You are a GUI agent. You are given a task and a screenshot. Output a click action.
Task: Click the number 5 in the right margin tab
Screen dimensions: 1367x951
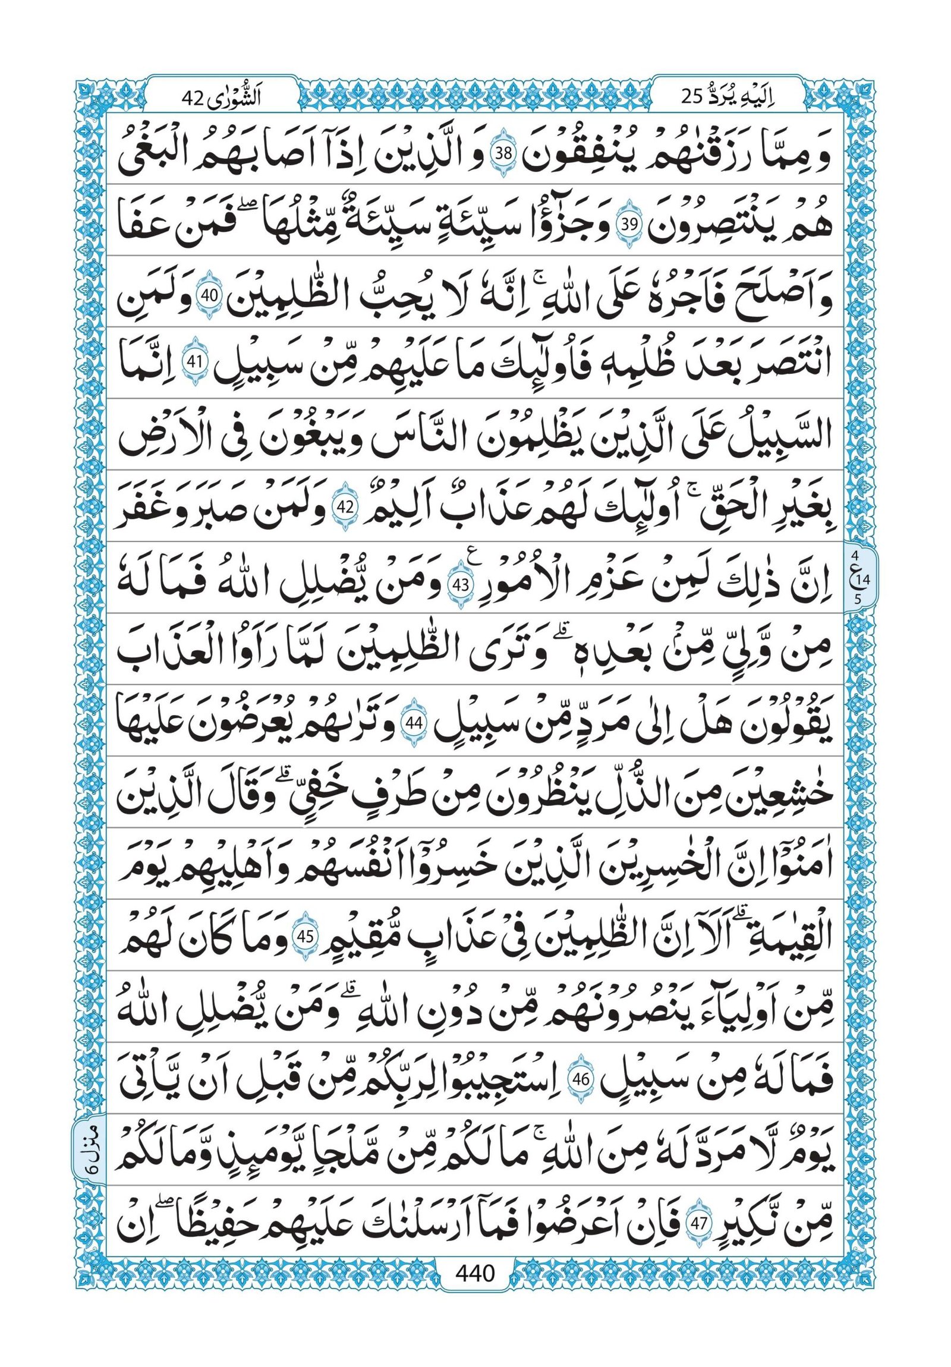(856, 600)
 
